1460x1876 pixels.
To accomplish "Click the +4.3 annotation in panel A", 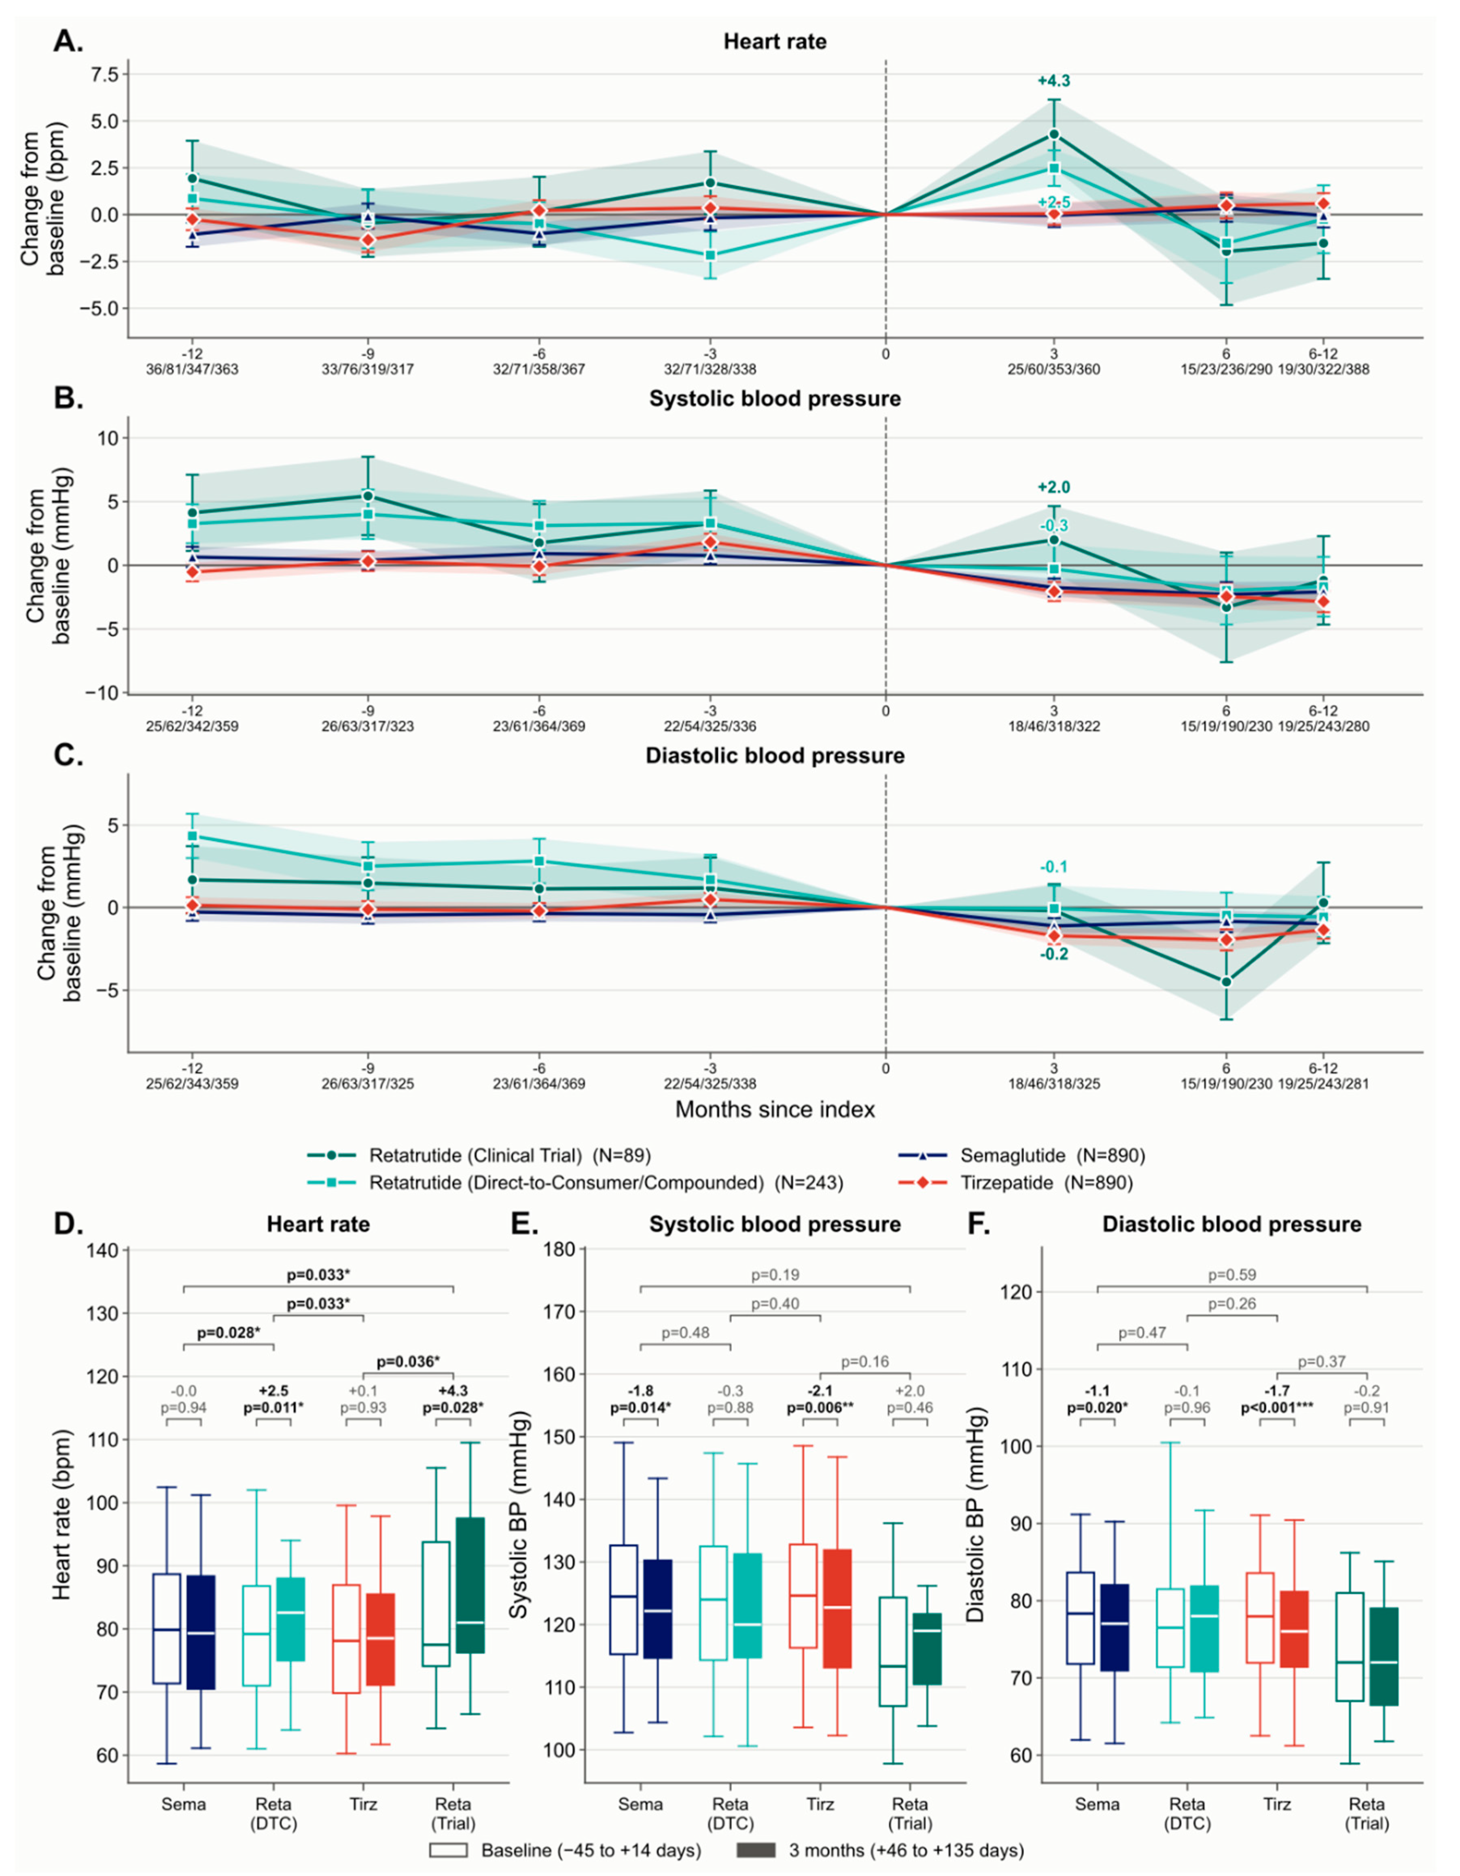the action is pyautogui.click(x=1054, y=82).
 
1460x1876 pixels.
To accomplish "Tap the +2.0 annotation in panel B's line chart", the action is pyautogui.click(x=1054, y=487).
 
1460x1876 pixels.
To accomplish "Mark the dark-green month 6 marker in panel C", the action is pyautogui.click(x=1227, y=982).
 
